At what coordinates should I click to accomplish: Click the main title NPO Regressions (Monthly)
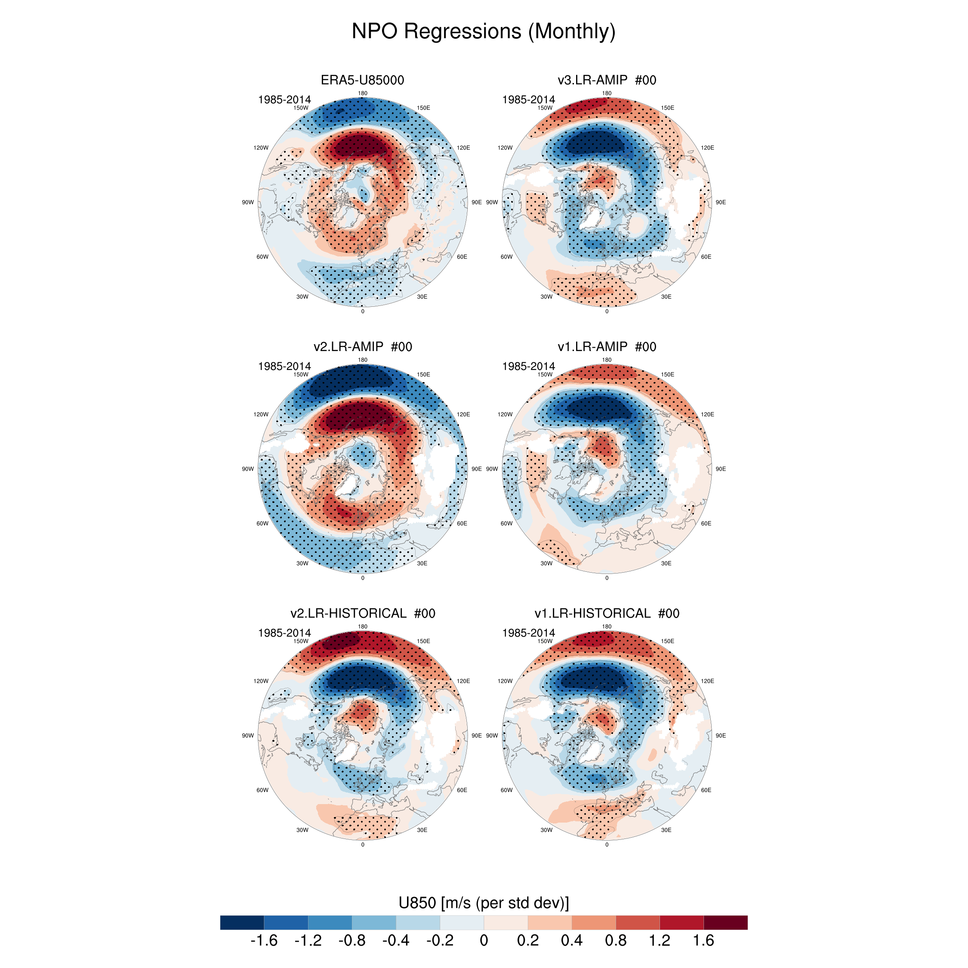click(484, 31)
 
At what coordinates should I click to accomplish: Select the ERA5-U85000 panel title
click(362, 80)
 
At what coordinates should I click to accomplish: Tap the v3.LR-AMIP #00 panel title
click(607, 80)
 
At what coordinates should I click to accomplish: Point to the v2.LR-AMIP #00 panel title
click(362, 347)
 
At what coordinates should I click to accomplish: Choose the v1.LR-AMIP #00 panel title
click(607, 347)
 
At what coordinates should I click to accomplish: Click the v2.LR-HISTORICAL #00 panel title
click(362, 613)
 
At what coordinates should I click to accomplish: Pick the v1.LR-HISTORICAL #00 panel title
click(607, 613)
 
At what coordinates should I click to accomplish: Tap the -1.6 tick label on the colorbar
click(264, 940)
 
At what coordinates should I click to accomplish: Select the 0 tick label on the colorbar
click(484, 940)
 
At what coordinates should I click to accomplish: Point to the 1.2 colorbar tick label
click(660, 940)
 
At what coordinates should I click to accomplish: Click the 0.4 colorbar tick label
click(572, 940)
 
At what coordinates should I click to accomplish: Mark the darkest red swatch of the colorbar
click(725, 922)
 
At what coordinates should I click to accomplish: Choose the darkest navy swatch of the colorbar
click(242, 922)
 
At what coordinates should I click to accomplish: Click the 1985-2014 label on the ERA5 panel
click(284, 100)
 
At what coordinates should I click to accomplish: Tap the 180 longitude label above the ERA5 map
click(363, 93)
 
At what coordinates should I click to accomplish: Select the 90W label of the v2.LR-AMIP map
click(248, 469)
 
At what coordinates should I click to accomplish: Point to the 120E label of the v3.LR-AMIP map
click(707, 148)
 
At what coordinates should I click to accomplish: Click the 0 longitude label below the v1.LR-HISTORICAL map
click(607, 845)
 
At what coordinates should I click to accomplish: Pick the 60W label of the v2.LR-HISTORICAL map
click(262, 790)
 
